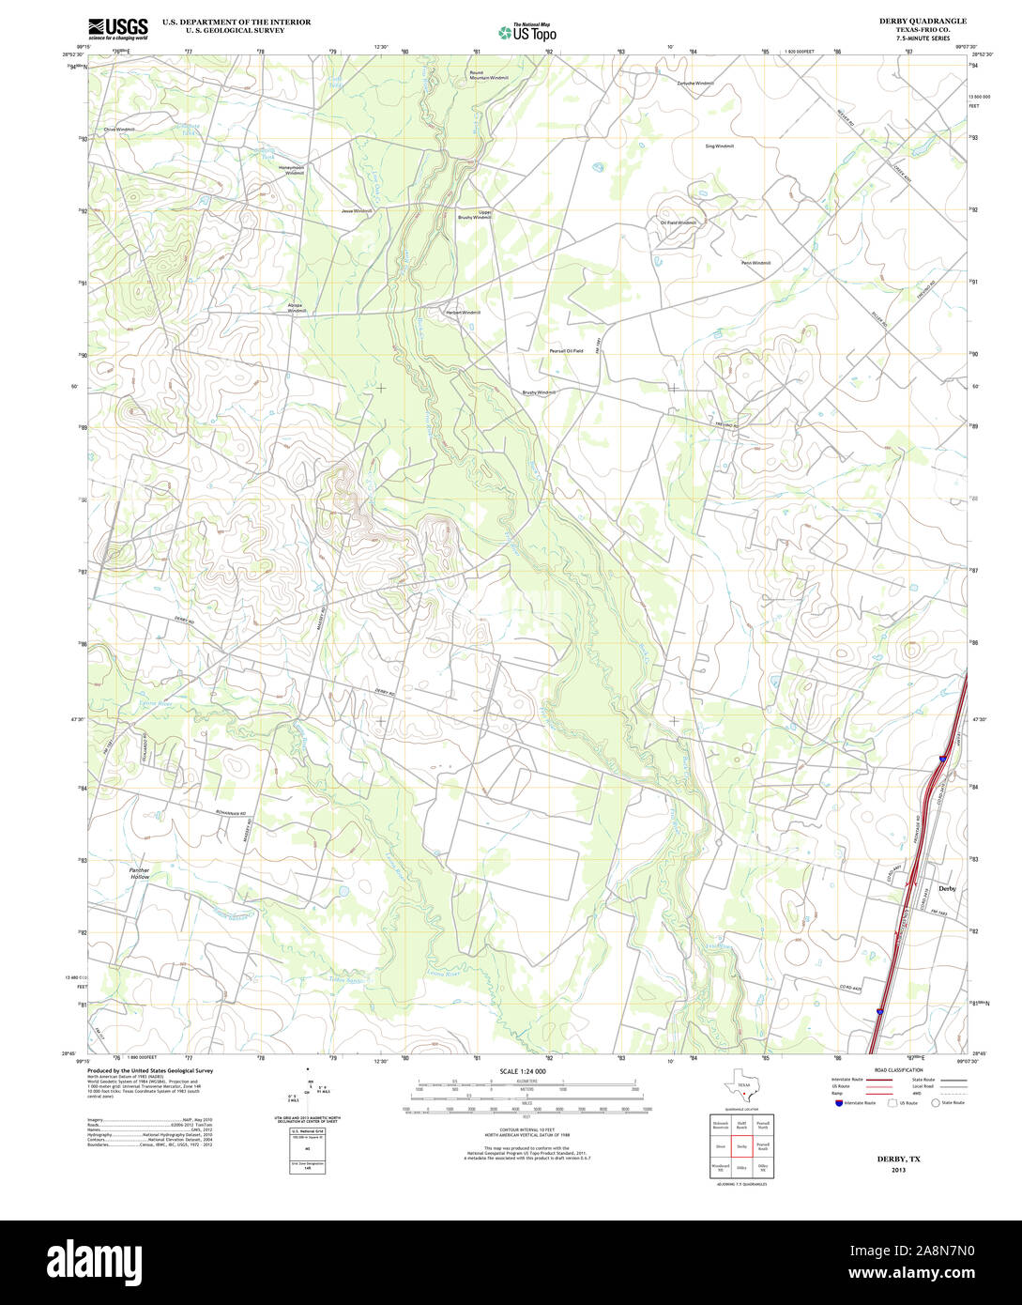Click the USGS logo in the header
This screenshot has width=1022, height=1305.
coord(117,28)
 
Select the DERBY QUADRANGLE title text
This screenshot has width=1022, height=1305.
coord(922,21)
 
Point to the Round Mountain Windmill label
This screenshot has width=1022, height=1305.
coord(488,75)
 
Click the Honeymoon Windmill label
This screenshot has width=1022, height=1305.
coord(295,170)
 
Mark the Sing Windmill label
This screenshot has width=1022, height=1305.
coord(719,146)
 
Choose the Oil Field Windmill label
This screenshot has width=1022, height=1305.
coord(679,223)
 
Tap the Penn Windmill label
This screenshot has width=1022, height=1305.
coord(755,263)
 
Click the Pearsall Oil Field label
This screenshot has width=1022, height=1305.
coord(566,351)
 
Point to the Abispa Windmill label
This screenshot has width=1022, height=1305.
coord(297,308)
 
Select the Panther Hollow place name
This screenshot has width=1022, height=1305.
coord(139,874)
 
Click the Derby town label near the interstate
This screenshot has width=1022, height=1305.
coord(946,888)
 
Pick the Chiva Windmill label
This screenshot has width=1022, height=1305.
coord(119,130)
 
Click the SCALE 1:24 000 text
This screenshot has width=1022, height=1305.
coord(523,1071)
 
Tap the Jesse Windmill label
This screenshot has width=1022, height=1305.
coord(357,211)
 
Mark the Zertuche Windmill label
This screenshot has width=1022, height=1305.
coord(695,84)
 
